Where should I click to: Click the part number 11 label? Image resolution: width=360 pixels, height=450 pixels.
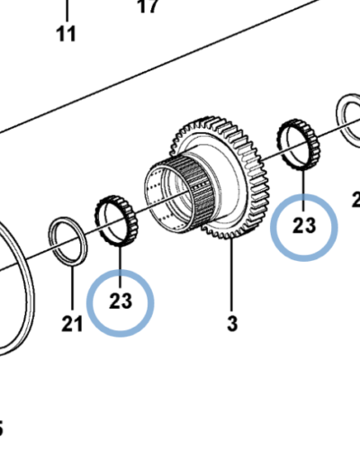66,34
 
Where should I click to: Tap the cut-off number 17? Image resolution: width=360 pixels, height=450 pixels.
148,6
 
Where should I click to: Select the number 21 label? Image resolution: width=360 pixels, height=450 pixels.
72,322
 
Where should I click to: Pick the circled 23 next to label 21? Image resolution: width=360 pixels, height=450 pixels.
121,301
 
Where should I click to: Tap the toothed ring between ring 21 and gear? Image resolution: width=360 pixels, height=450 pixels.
114,221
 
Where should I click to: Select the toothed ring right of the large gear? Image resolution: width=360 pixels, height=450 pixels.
297,141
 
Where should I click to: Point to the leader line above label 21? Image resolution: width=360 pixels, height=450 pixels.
71,285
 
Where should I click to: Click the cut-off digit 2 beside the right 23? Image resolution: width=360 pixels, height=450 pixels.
355,200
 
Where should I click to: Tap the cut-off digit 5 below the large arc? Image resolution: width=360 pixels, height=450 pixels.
2,427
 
